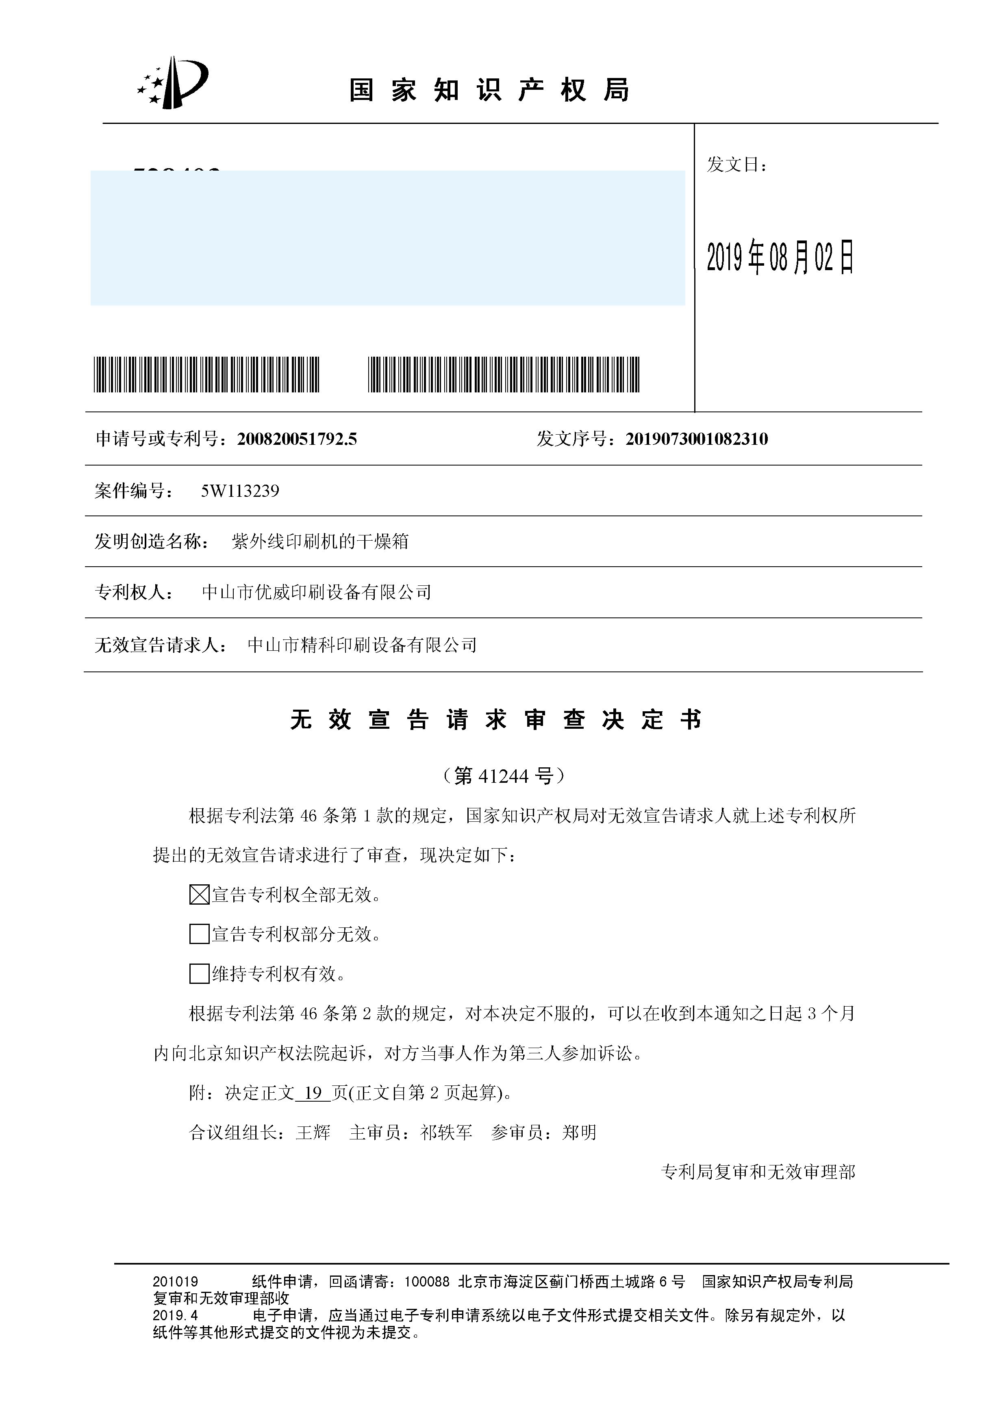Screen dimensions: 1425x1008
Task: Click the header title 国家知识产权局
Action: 489,91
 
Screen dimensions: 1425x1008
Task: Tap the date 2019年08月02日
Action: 780,256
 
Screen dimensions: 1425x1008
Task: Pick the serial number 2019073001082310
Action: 696,440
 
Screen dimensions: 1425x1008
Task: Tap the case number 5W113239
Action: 240,491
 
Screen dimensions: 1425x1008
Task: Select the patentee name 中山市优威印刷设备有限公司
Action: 317,592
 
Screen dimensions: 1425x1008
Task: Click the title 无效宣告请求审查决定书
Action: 496,720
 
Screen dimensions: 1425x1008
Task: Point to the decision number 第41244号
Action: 503,776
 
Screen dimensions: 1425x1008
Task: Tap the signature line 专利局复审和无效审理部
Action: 758,1172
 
